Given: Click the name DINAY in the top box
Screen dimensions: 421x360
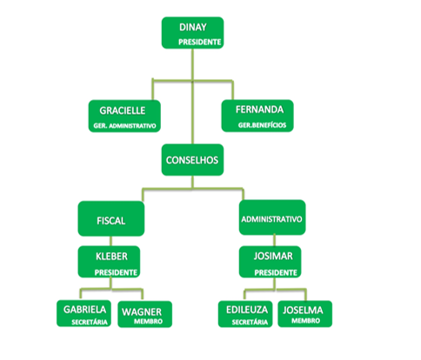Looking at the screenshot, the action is pos(193,27).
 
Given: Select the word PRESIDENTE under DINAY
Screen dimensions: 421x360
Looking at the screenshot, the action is pos(200,42).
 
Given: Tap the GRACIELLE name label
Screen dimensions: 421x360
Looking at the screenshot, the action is pos(123,110).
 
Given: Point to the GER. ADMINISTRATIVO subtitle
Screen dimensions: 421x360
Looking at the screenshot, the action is pos(124,126).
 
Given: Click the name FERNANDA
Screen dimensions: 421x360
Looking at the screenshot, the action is pos(259,110).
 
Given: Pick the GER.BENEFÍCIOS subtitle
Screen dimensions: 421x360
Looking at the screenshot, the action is pos(262,125).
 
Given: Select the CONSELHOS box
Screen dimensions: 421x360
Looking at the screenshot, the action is pos(192,160).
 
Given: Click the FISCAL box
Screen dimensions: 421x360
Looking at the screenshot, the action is pos(111,218).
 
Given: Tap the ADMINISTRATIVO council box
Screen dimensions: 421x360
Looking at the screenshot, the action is pos(272,217).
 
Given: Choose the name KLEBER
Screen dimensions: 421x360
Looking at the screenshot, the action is pos(111,257).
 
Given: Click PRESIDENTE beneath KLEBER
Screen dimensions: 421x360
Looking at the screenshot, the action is pos(116,272).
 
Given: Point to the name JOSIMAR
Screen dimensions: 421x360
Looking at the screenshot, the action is pos(273,257).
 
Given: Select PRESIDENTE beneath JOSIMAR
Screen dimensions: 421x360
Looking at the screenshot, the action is pos(276,273).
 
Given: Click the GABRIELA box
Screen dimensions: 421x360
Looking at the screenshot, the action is pos(84,313).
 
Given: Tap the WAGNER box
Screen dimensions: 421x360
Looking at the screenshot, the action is pos(145,314).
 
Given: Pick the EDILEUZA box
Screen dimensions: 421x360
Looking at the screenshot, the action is pos(245,314).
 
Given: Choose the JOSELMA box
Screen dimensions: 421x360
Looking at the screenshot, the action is pos(305,314).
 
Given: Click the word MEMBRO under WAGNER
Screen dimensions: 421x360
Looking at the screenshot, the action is pos(148,322).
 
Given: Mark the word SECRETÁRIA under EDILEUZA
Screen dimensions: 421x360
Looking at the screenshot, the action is pos(250,323).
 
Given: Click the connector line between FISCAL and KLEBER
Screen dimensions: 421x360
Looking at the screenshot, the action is pos(110,241).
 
